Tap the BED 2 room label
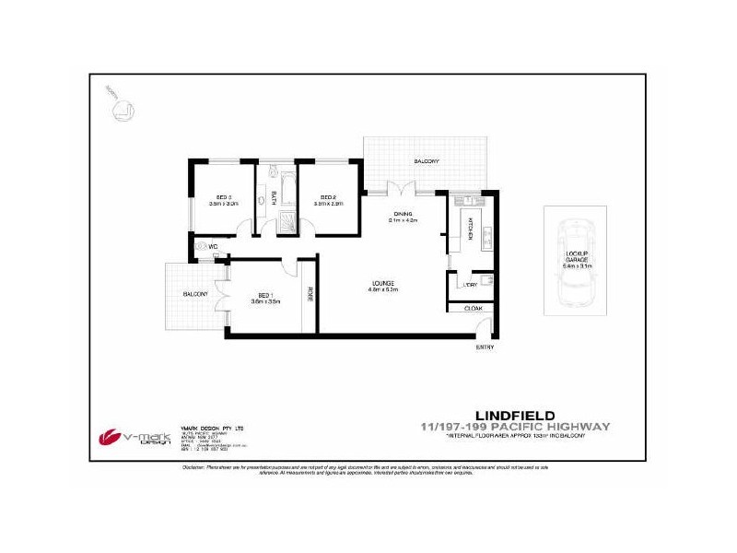tap(329, 197)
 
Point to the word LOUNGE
tap(383, 282)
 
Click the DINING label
tap(403, 212)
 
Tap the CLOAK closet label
tap(474, 308)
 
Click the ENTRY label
tap(485, 347)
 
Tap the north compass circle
tap(121, 108)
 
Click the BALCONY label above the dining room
tap(426, 161)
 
